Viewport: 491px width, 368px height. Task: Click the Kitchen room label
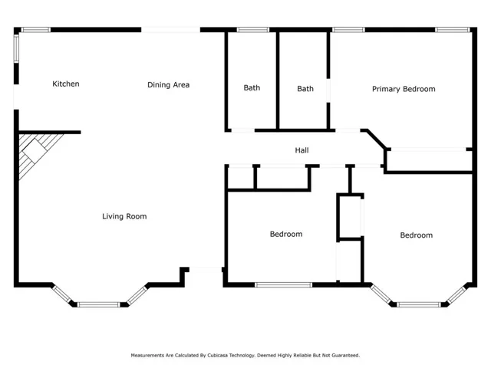(66, 84)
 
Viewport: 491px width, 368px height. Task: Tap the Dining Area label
(169, 85)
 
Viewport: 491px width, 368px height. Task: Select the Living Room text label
(124, 216)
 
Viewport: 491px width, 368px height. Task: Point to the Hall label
(302, 150)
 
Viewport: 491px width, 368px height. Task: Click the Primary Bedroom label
(404, 89)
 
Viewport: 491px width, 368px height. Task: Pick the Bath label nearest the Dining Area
(252, 87)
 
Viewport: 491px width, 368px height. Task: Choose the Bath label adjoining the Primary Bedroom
(305, 89)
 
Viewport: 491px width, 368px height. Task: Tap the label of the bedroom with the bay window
(417, 235)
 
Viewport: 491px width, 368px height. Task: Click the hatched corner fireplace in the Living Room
(35, 152)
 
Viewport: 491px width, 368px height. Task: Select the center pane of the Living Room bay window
(98, 304)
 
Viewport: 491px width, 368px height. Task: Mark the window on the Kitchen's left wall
(16, 48)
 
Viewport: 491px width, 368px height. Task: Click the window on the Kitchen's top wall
(36, 30)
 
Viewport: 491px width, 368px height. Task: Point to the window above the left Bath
(252, 30)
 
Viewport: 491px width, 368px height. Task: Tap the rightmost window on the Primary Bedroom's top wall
(453, 30)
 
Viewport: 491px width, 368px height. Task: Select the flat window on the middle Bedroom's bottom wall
(283, 284)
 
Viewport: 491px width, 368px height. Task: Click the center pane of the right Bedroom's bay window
(419, 304)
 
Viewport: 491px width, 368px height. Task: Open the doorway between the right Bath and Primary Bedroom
(328, 90)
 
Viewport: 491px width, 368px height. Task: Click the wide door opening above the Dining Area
(170, 30)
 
